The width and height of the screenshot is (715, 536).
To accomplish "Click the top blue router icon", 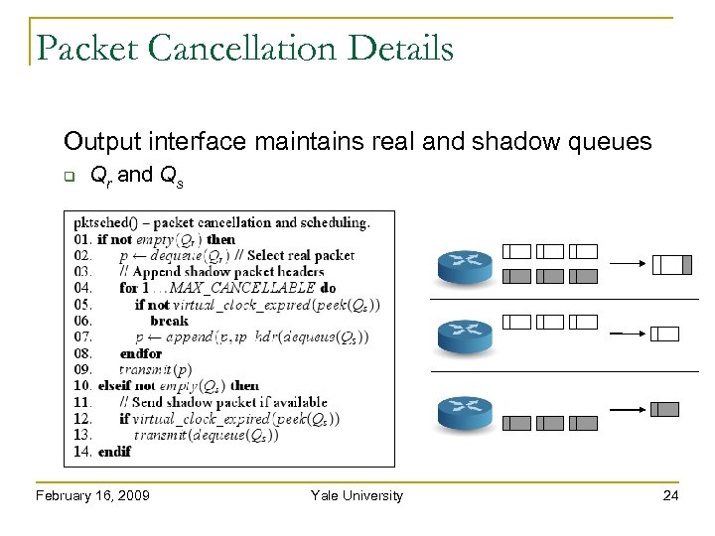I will pyautogui.click(x=464, y=263).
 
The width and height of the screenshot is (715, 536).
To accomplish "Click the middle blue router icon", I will pyautogui.click(x=464, y=335).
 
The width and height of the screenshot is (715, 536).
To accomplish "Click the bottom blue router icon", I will pyautogui.click(x=464, y=409).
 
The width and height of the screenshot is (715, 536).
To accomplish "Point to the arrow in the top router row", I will pyautogui.click(x=628, y=264).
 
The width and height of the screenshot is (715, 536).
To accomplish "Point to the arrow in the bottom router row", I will pyautogui.click(x=628, y=409).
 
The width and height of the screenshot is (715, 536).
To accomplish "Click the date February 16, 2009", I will pyautogui.click(x=92, y=495).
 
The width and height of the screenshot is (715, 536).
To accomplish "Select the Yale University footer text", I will pyautogui.click(x=357, y=495).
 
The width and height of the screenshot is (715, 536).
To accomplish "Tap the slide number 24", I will pyautogui.click(x=670, y=495).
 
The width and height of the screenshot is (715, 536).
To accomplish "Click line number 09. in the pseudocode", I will pyautogui.click(x=83, y=369).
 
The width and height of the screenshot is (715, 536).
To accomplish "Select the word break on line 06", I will pyautogui.click(x=169, y=321).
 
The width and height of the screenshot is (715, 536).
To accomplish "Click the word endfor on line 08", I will pyautogui.click(x=140, y=353).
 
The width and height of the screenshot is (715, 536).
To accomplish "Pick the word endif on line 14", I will pyautogui.click(x=114, y=451).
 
